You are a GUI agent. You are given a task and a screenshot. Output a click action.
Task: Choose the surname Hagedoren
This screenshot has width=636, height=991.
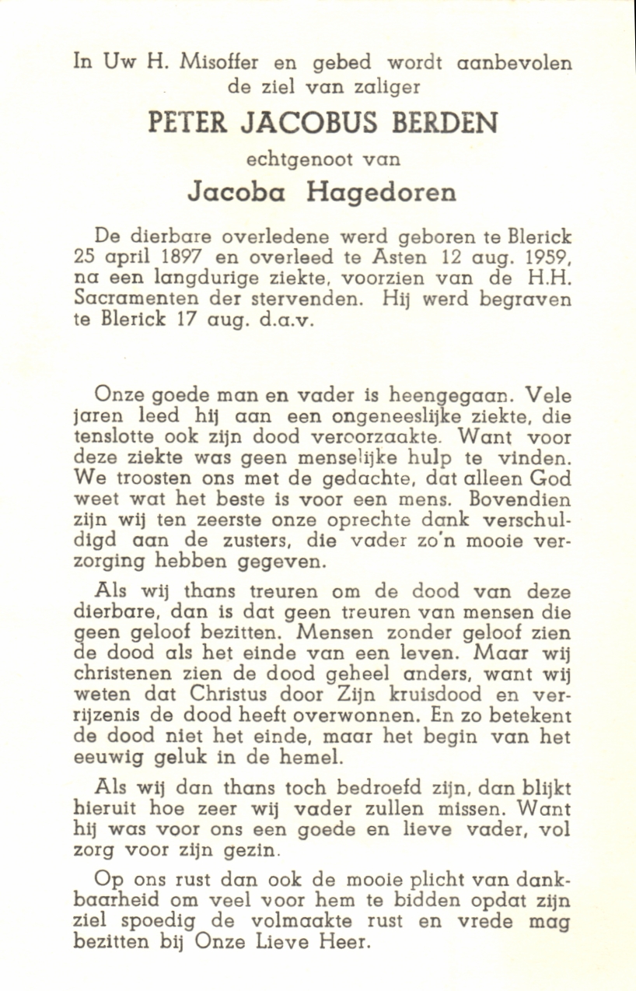point(381,193)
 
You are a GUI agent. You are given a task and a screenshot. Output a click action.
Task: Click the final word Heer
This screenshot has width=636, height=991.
point(351,942)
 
